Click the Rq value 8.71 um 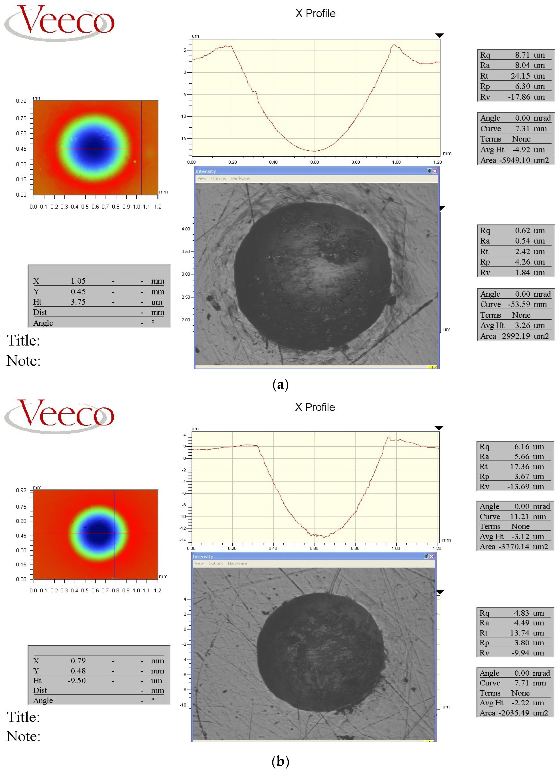pos(529,55)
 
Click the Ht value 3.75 pos(78,302)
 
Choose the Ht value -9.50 pos(77,681)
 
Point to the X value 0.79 pos(78,660)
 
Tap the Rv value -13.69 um pos(525,486)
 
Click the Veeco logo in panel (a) pos(60,22)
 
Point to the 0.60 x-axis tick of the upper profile pos(314,162)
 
